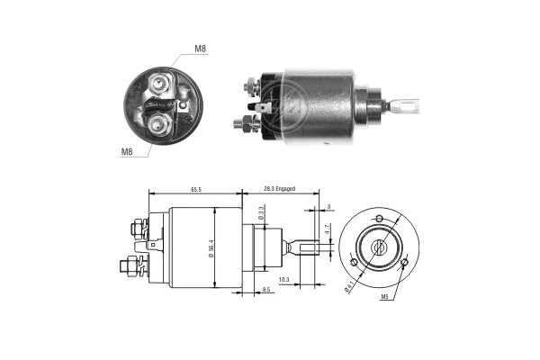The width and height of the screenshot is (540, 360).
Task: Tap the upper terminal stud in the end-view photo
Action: point(161,85)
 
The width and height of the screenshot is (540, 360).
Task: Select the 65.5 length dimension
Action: point(195,190)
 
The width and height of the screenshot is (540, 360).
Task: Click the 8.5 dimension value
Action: point(267,290)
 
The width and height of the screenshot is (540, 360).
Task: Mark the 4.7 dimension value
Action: point(328,230)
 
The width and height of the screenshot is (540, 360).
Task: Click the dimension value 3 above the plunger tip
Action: point(329,207)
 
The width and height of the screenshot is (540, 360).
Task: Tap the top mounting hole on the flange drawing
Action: point(379,220)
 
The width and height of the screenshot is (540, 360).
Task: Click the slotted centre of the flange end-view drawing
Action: point(379,247)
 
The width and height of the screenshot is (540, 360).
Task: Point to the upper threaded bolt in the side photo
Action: point(248,87)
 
